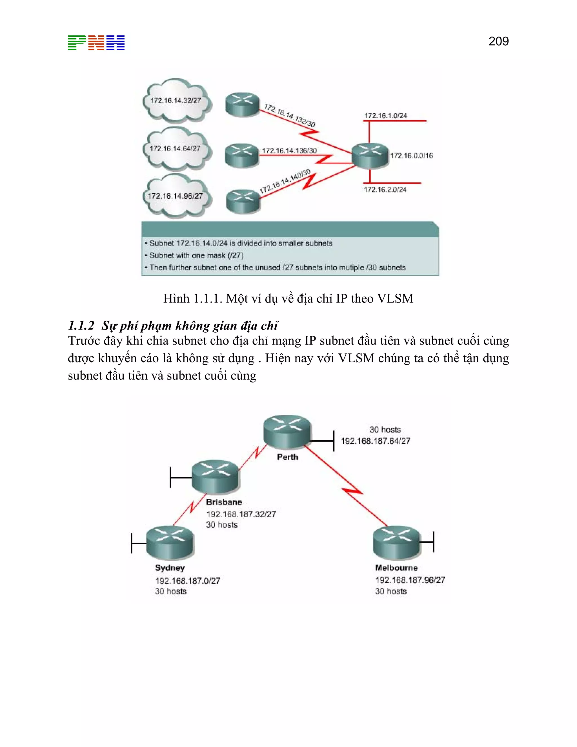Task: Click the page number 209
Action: coord(498,41)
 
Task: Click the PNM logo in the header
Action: coord(96,43)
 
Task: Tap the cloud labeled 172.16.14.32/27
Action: coord(176,101)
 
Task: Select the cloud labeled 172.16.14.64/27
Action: coord(175,149)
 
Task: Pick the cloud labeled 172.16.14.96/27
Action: coord(175,196)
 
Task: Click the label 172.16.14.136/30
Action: coord(290,151)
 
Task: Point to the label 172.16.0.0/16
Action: coord(412,156)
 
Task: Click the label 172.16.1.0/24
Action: coord(386,116)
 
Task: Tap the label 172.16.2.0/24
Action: coord(385,189)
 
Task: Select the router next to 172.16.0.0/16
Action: coord(370,156)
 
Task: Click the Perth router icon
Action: coord(287,432)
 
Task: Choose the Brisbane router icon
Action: coord(215,476)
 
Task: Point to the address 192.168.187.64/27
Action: coord(375,441)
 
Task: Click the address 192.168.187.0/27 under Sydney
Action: coord(188,580)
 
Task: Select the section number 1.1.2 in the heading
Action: coord(81,325)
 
